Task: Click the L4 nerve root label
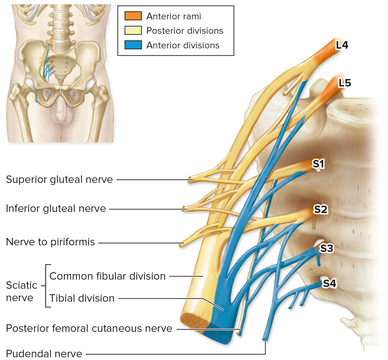pos(342,45)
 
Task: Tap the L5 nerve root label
pos(345,83)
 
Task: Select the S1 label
pos(318,164)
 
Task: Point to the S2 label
pos(321,209)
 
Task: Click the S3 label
pos(326,248)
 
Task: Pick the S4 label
pos(329,283)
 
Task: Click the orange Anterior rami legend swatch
pos(133,16)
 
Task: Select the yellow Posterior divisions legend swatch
pos(133,30)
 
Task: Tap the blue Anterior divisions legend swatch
pos(133,45)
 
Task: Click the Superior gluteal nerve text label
pos(59,180)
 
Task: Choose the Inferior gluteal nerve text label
pos(56,209)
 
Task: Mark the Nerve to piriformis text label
pos(50,242)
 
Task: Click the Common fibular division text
pos(107,276)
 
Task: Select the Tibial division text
pos(82,298)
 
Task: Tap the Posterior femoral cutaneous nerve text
pos(89,329)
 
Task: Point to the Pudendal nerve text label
pos(44,354)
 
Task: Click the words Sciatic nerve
pos(21,291)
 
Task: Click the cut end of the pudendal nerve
pos(265,338)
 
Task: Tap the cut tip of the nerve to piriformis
pos(182,244)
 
